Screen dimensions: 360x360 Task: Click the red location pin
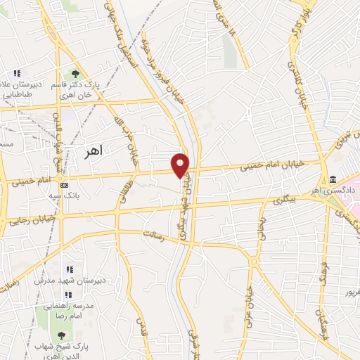point(181,165)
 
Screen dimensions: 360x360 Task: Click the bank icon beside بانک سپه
point(65,186)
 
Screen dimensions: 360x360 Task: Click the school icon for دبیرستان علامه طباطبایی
point(18,73)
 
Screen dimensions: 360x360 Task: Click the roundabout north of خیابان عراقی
point(254,261)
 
